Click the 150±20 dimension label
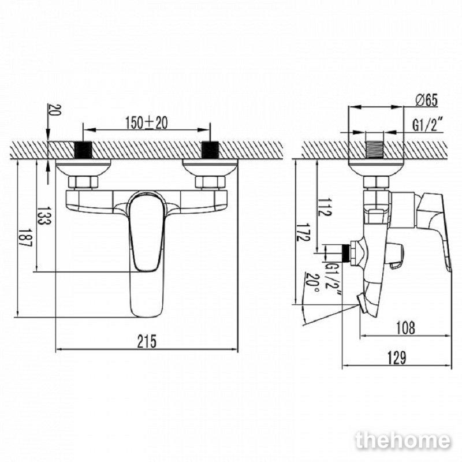(x=147, y=122)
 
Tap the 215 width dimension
(x=147, y=341)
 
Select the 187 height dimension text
(x=25, y=238)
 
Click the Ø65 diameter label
(x=427, y=100)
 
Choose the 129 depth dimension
(x=397, y=357)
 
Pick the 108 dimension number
(x=405, y=327)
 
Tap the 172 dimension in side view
(x=303, y=232)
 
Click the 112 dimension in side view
(x=325, y=207)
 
